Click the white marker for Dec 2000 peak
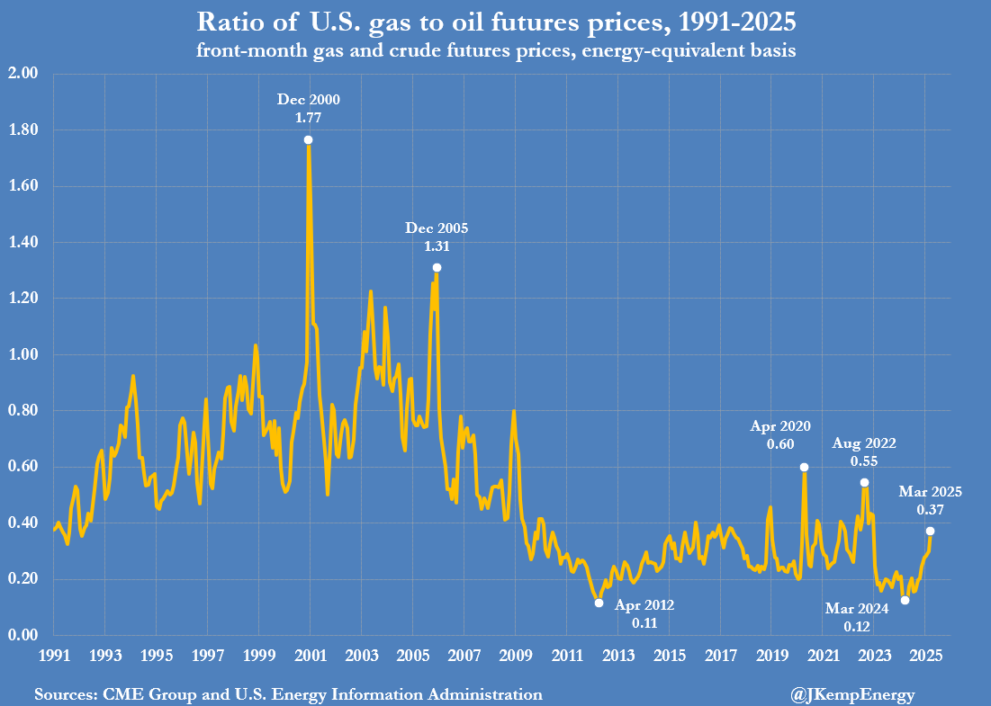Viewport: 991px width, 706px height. pos(309,140)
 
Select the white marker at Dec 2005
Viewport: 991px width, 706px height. pos(437,268)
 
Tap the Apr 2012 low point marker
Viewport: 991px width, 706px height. pos(599,603)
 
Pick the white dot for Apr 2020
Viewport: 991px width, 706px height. pos(804,468)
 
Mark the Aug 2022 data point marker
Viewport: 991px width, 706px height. pos(864,483)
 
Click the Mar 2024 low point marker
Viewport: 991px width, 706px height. pos(905,600)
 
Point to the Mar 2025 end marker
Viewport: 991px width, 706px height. pos(930,532)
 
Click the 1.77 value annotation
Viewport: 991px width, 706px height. pos(309,117)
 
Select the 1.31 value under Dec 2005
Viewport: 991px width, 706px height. pos(437,246)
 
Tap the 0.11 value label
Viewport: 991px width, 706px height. pos(644,622)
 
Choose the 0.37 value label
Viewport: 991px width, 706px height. pos(931,509)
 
